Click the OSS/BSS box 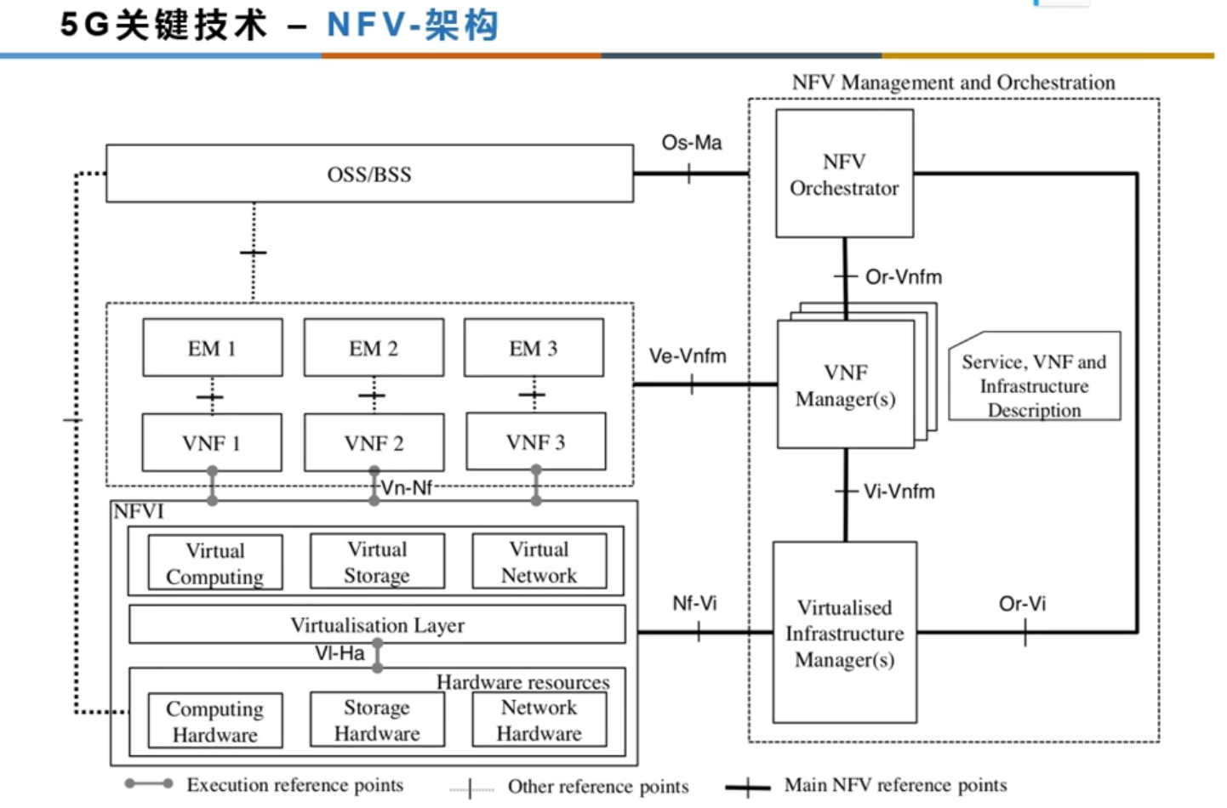(x=369, y=174)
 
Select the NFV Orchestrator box (x=844, y=174)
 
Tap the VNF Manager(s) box (x=845, y=385)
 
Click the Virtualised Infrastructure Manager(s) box (x=844, y=633)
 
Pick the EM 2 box (x=374, y=348)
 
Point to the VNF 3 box (x=535, y=442)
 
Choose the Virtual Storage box (x=377, y=562)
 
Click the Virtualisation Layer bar (x=377, y=625)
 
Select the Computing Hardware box (x=214, y=721)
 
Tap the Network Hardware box (x=539, y=720)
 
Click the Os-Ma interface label (x=691, y=143)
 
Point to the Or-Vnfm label (x=903, y=277)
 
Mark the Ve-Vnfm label (x=688, y=356)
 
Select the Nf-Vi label (x=694, y=604)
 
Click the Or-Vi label (x=1022, y=604)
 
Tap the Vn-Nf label (x=406, y=488)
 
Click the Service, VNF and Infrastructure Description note (x=1034, y=385)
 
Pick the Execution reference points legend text (x=294, y=785)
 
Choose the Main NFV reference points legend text (x=895, y=785)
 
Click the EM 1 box (x=212, y=348)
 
